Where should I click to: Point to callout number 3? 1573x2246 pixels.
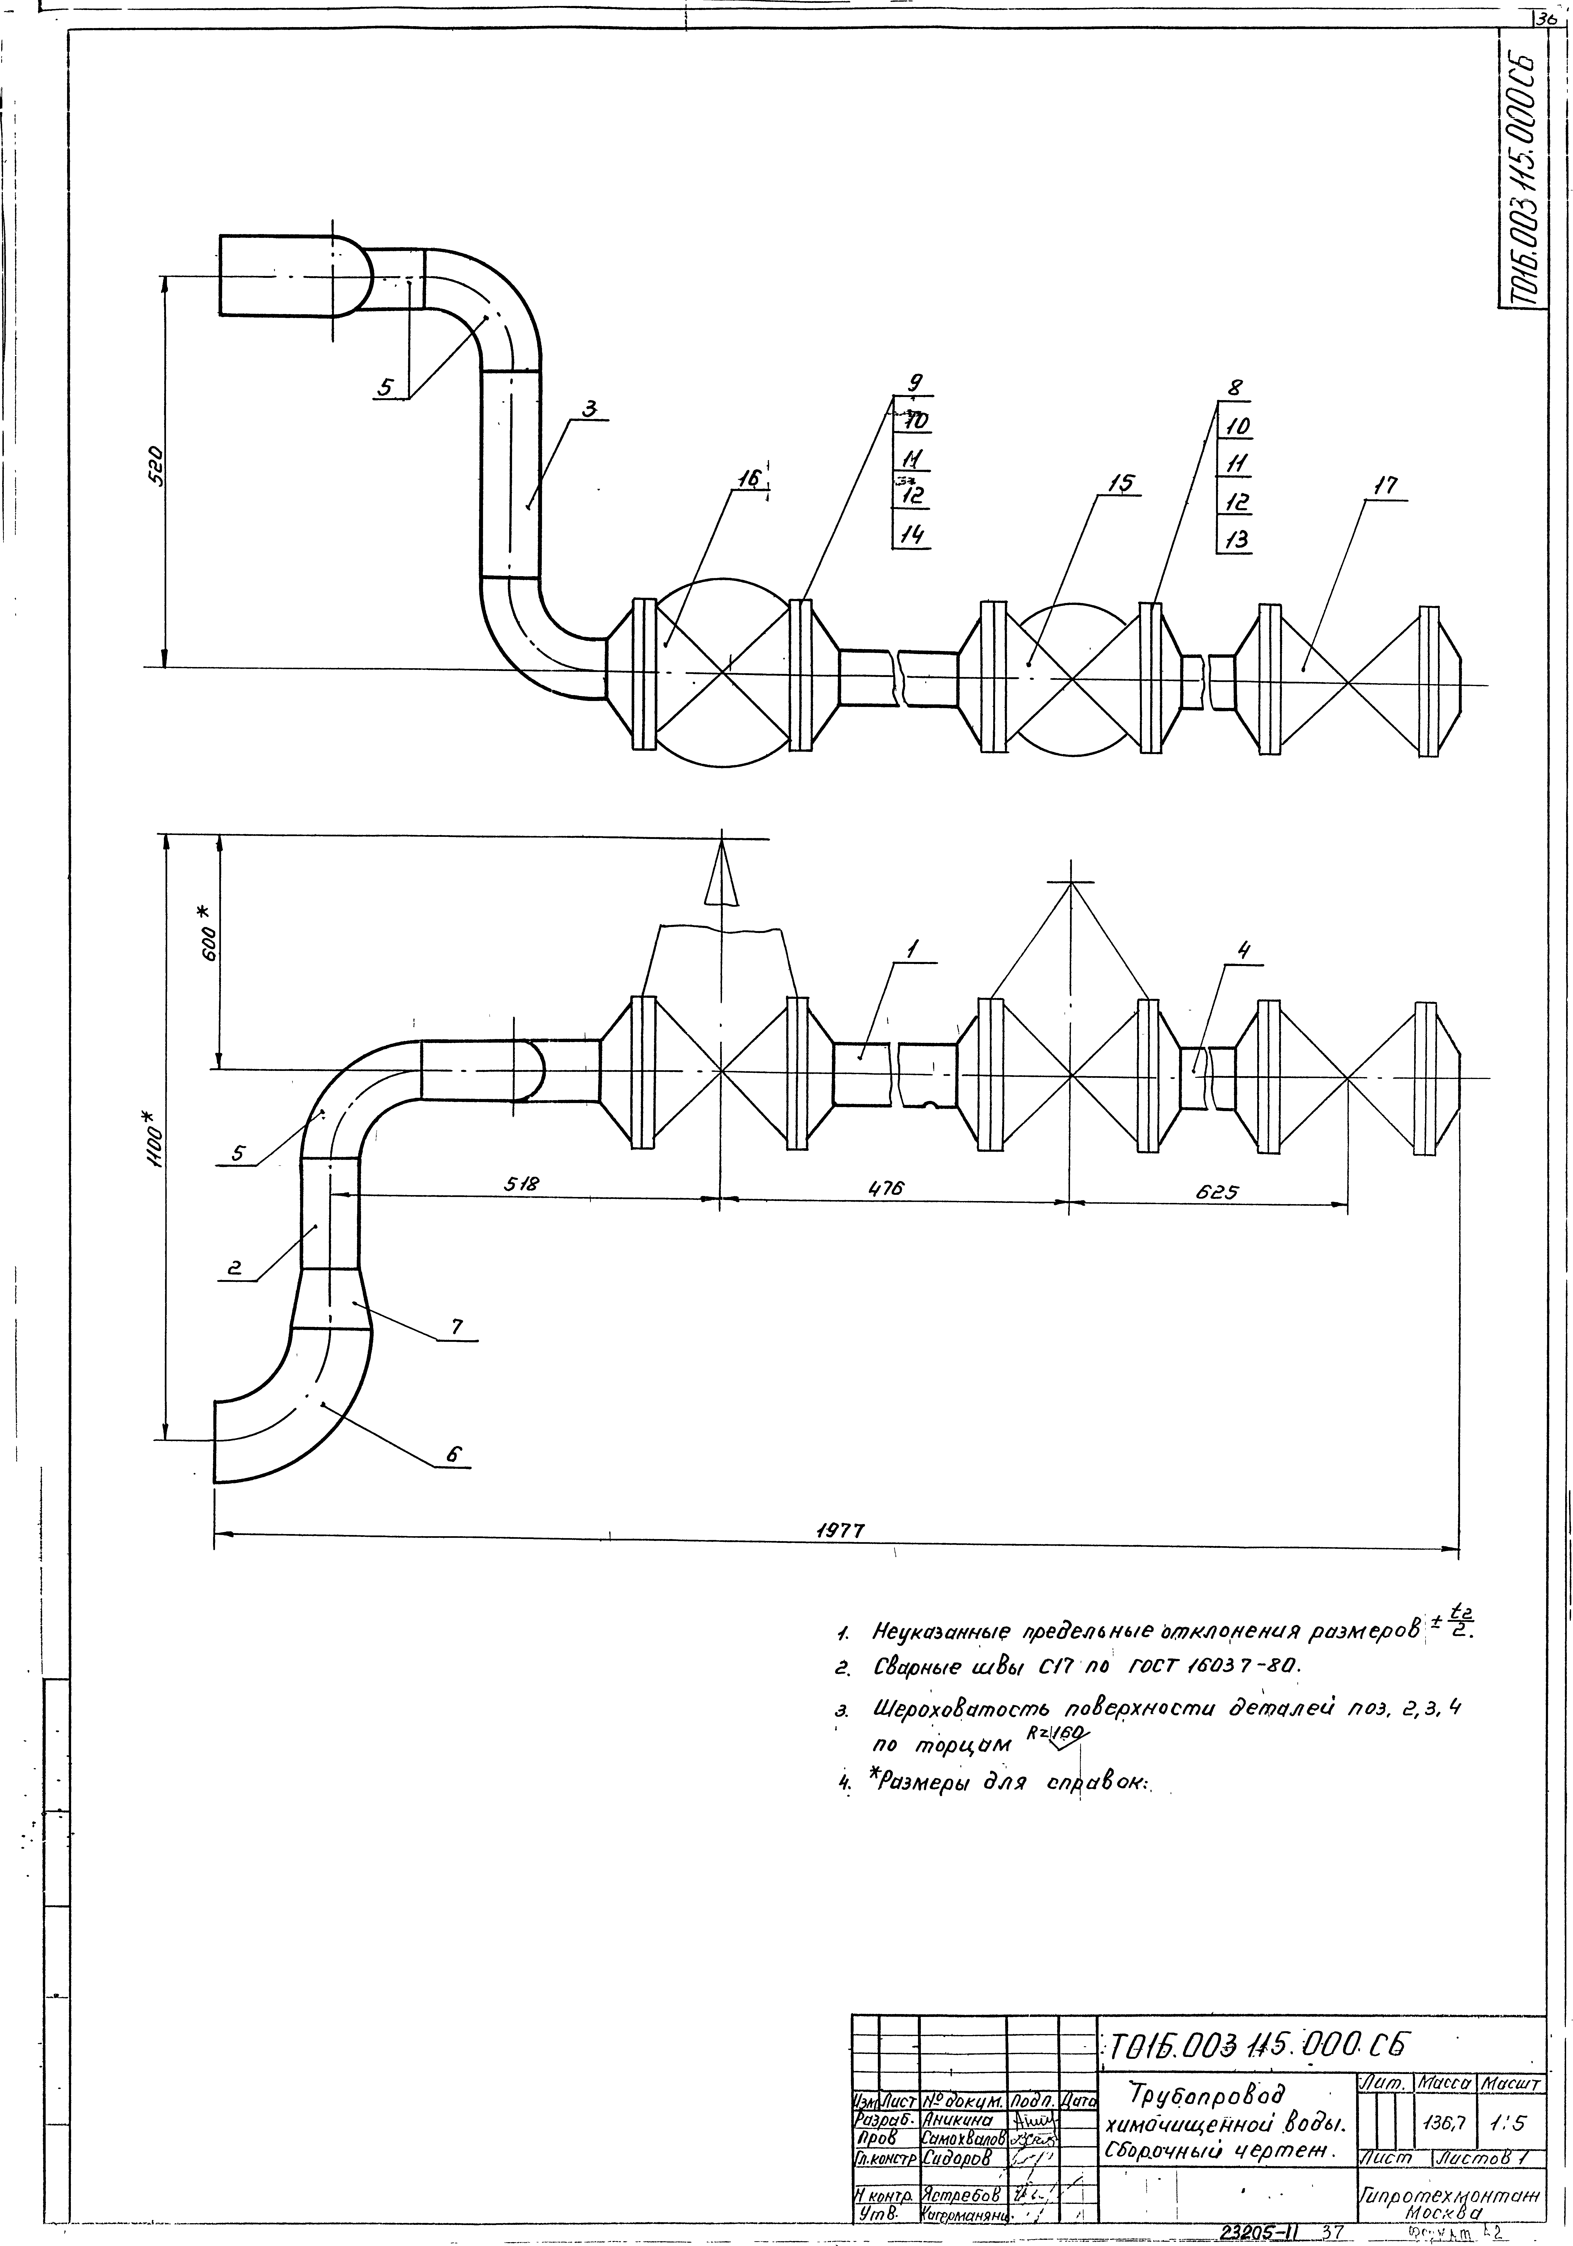[x=590, y=410]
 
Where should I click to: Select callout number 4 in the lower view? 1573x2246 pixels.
[x=1243, y=949]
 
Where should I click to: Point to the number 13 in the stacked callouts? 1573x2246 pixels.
[x=1238, y=539]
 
